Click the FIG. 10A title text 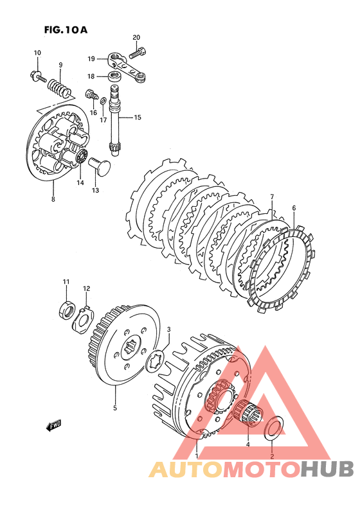[x=66, y=30]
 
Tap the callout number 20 [x=136, y=37]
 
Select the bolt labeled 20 [x=138, y=53]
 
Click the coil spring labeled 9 [x=59, y=87]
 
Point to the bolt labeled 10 [x=38, y=76]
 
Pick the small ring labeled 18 [x=113, y=77]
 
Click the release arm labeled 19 [x=125, y=66]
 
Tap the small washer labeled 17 [x=103, y=100]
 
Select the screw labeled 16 [x=92, y=94]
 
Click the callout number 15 [x=138, y=117]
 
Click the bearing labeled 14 [x=81, y=157]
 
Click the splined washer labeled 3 [x=156, y=360]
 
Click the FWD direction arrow [x=53, y=425]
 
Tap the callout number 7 [x=272, y=197]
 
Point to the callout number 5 [x=115, y=407]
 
